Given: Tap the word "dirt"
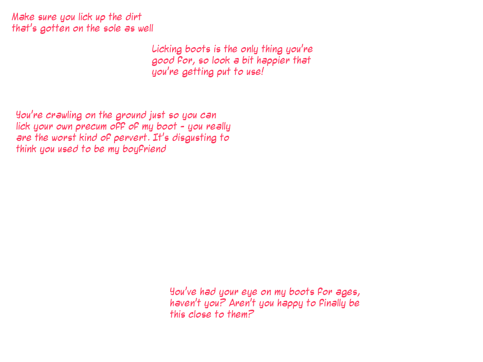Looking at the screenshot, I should coord(133,17).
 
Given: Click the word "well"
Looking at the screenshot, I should coord(145,29).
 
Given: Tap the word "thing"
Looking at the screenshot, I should coord(272,49).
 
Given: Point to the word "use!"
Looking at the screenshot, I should coord(255,73).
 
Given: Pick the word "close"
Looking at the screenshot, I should coord(200,315).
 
